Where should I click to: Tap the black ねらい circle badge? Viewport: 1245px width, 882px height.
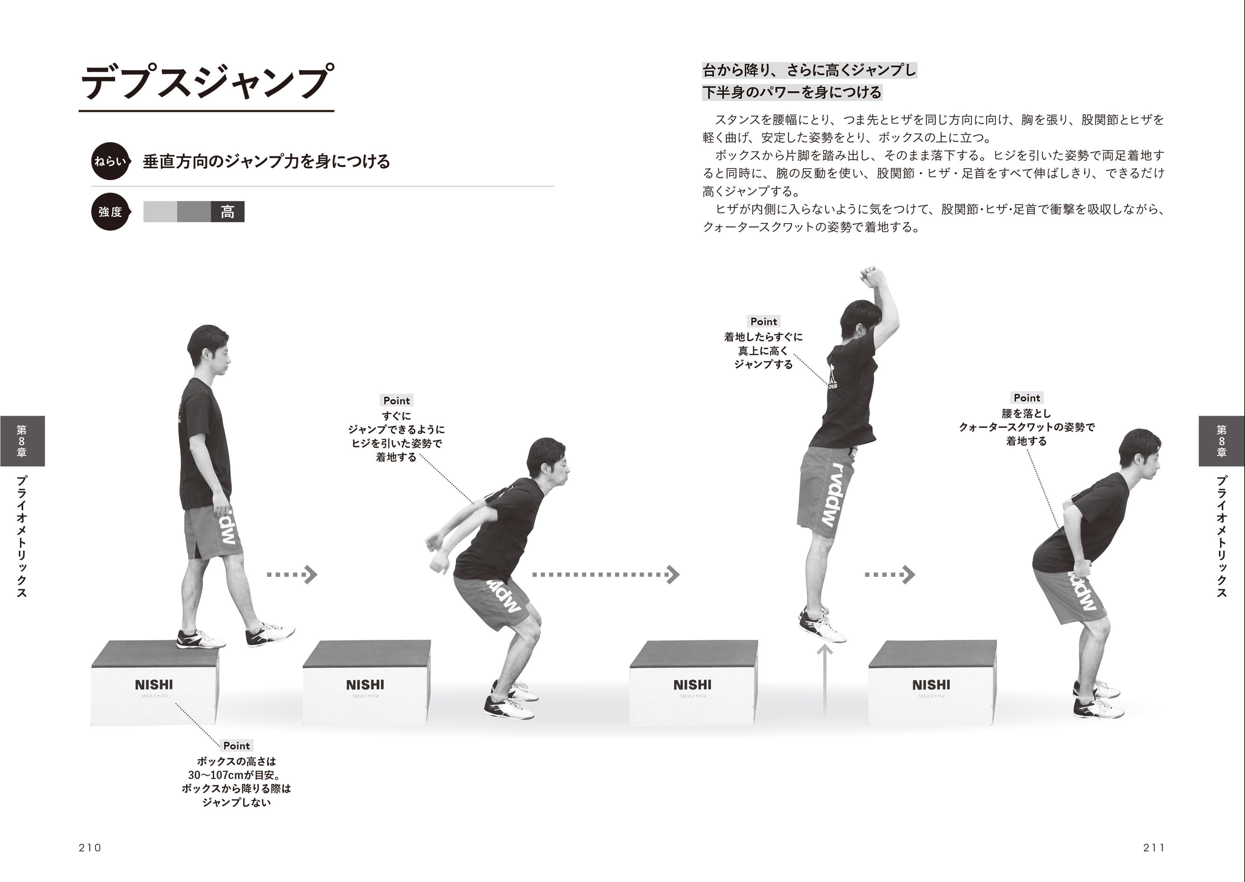point(110,161)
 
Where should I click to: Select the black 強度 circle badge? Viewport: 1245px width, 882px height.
point(110,212)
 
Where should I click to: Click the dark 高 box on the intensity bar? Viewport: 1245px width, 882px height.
point(228,212)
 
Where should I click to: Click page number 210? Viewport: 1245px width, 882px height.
point(90,848)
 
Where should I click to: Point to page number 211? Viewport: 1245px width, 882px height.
point(1154,848)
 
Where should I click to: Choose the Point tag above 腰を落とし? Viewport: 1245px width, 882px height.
point(1027,398)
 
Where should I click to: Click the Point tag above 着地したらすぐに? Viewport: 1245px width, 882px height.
point(764,322)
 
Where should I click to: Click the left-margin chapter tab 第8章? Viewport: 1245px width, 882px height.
point(22,441)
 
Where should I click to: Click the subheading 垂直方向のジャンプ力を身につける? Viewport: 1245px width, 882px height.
point(266,162)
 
